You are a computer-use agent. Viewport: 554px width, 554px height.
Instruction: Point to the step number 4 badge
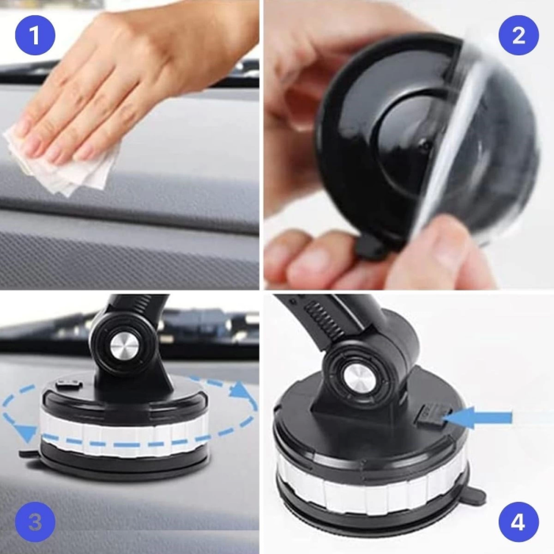pyautogui.click(x=518, y=522)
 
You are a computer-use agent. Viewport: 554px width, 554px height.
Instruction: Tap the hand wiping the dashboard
pyautogui.click(x=135, y=87)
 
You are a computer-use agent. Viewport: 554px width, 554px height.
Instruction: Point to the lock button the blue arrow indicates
pyautogui.click(x=428, y=413)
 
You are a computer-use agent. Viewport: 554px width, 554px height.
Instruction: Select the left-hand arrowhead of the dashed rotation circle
pyautogui.click(x=28, y=432)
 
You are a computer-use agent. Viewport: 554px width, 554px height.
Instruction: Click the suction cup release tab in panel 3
pyautogui.click(x=26, y=456)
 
